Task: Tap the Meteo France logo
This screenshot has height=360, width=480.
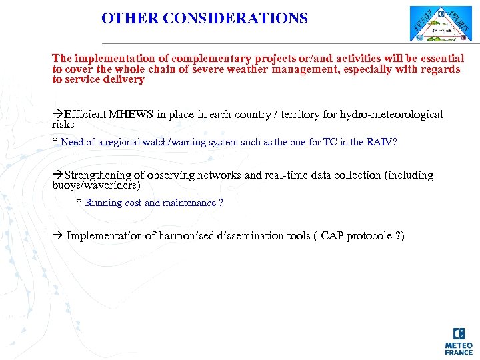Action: pos(459,341)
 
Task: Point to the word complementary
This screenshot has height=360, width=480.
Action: pos(213,59)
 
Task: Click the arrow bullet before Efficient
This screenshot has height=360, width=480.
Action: pos(58,115)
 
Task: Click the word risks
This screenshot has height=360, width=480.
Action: pos(63,125)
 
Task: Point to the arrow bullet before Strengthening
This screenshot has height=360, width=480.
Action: pos(58,175)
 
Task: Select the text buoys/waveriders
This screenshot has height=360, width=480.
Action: pos(96,185)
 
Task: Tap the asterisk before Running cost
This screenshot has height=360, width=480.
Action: pos(79,202)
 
